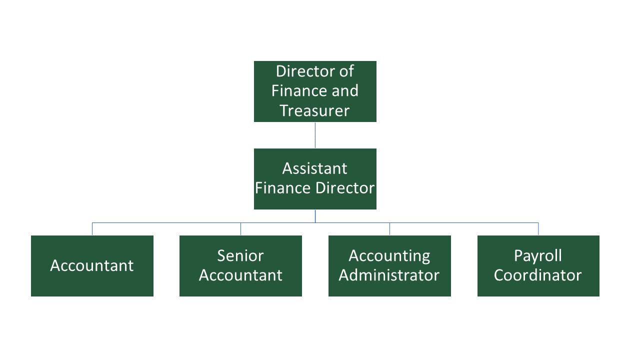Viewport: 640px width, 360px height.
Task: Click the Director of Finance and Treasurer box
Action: [315, 91]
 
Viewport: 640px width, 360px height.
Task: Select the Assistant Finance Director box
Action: [315, 178]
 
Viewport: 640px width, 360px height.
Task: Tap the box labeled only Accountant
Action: [92, 265]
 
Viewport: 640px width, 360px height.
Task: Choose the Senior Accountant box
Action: [240, 265]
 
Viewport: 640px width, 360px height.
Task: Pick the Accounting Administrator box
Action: [389, 265]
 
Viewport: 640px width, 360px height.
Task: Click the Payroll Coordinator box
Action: [538, 265]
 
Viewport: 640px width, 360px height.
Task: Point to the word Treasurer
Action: [314, 110]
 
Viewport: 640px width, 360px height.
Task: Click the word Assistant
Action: [314, 168]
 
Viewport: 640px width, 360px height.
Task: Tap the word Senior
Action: [240, 256]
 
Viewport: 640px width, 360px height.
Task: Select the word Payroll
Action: [538, 256]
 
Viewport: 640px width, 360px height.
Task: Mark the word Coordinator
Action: [538, 275]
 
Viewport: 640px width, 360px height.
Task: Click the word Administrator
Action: [389, 275]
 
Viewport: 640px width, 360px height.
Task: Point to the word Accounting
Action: [389, 256]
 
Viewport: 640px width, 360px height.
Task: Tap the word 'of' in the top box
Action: [346, 71]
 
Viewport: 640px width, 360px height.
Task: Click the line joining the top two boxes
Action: [315, 135]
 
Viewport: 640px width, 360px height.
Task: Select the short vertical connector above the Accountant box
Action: [92, 229]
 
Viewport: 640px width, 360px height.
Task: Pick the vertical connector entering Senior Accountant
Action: [240, 229]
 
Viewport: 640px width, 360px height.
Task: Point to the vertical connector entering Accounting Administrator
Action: [389, 229]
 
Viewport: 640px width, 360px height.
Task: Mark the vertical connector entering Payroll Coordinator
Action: [538, 229]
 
